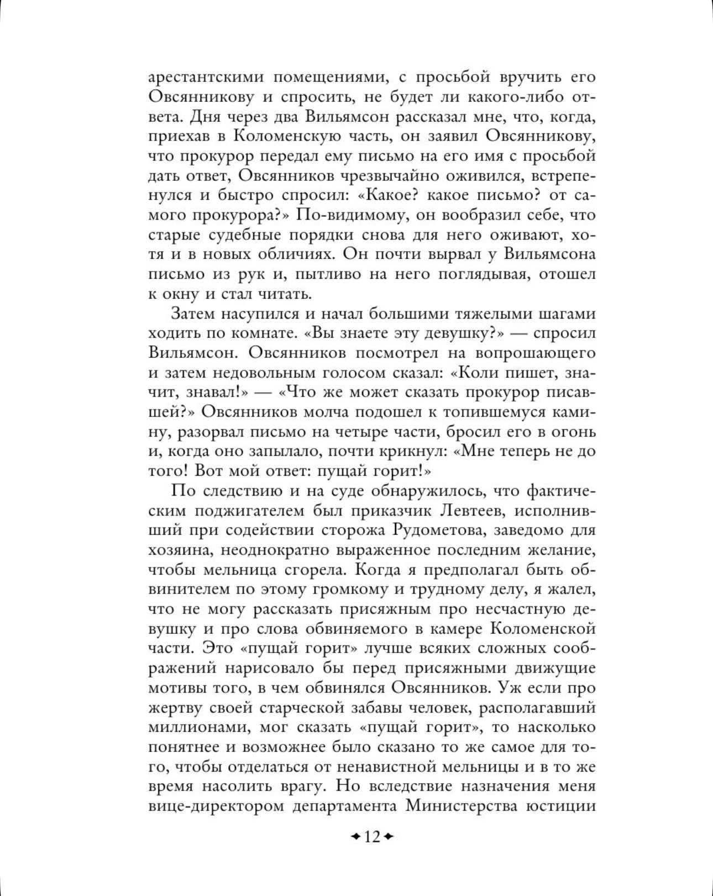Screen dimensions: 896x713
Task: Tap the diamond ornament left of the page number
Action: point(356,837)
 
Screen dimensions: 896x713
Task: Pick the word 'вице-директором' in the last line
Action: point(216,805)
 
